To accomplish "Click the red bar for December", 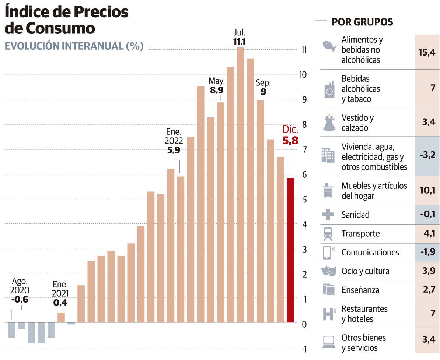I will (x=291, y=250).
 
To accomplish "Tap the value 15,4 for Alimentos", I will (x=427, y=52).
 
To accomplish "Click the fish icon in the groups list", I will (x=328, y=46).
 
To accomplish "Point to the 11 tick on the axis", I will (x=304, y=50).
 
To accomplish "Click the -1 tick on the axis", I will (x=304, y=349).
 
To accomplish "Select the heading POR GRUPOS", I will (x=362, y=22).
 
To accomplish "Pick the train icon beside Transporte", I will (x=328, y=234).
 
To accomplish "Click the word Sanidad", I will (x=355, y=215).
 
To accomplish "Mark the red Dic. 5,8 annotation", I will (x=290, y=135).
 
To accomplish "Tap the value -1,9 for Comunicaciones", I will (x=427, y=253).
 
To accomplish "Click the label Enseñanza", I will (x=360, y=290).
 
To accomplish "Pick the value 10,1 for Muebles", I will (x=427, y=190).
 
